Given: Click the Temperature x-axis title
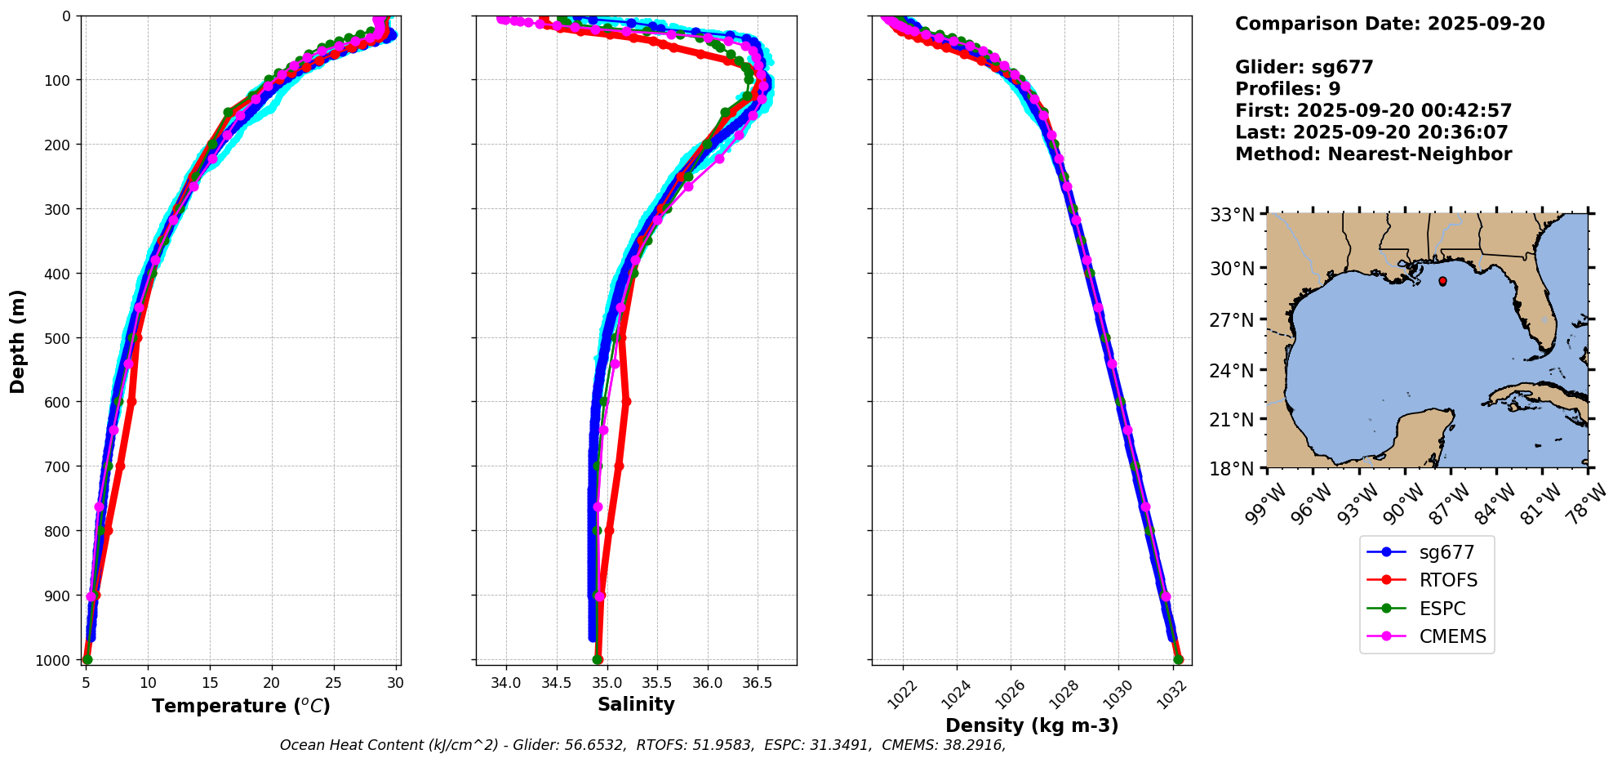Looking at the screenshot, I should click(241, 706).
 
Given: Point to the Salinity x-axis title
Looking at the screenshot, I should click(636, 704).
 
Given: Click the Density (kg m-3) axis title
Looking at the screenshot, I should click(1032, 725).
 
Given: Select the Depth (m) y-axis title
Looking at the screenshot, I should click(18, 341).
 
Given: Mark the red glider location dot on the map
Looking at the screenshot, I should click(1442, 281).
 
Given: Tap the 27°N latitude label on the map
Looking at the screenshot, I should click(1233, 319).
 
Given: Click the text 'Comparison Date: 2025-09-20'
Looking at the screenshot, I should click(1389, 24).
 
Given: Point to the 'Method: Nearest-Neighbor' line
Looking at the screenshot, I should click(1373, 154).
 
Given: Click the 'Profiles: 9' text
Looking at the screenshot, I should click(1287, 89).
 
